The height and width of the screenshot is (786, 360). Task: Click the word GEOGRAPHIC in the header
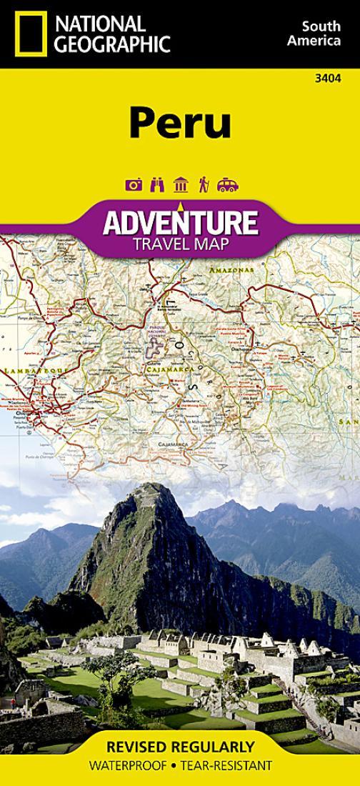(x=114, y=44)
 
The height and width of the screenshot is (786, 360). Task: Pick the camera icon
(x=133, y=184)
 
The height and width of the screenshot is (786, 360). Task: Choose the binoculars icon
(x=157, y=184)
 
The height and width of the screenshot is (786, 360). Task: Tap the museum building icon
(x=180, y=184)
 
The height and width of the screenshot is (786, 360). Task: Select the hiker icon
(x=204, y=184)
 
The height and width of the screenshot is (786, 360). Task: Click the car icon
(x=227, y=184)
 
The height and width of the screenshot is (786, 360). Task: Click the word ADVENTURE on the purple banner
(x=179, y=223)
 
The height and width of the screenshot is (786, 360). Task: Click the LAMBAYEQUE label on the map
(x=29, y=371)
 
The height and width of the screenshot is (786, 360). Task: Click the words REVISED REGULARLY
(x=180, y=747)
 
